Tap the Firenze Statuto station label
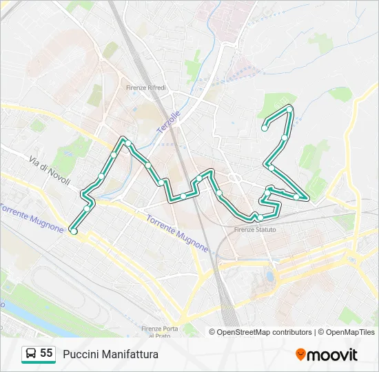(x=255, y=229)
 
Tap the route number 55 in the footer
(x=46, y=353)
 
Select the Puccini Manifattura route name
(x=110, y=354)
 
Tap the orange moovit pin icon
(x=300, y=355)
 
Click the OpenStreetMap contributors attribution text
(x=265, y=332)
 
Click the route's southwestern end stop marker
(x=73, y=232)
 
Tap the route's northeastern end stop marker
(x=265, y=127)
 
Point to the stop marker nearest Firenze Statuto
(x=260, y=218)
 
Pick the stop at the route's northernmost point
(x=289, y=109)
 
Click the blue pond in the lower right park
(x=269, y=278)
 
